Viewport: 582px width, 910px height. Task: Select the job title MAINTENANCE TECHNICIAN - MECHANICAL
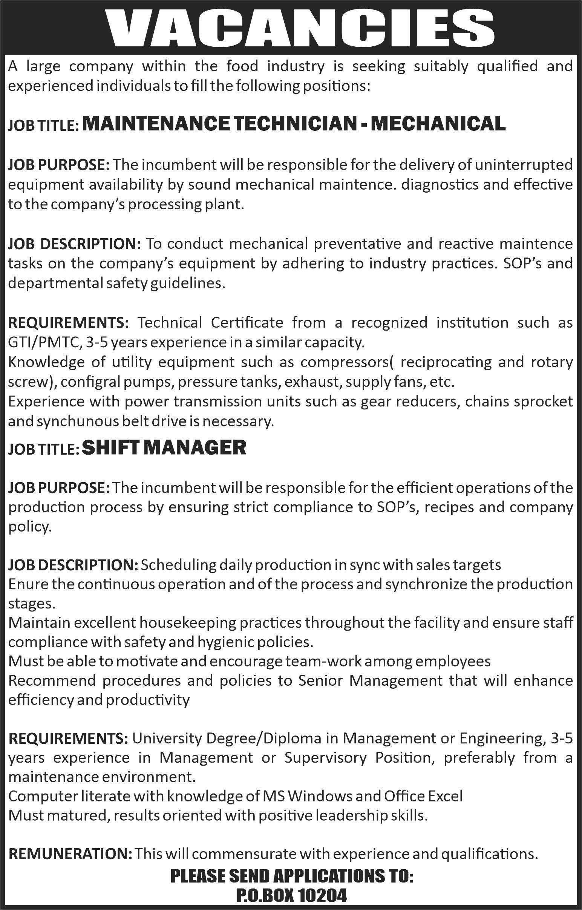(294, 124)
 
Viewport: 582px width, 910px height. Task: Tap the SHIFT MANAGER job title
(164, 447)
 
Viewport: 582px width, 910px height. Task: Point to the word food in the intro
(242, 66)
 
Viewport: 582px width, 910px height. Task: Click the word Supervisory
(326, 757)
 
